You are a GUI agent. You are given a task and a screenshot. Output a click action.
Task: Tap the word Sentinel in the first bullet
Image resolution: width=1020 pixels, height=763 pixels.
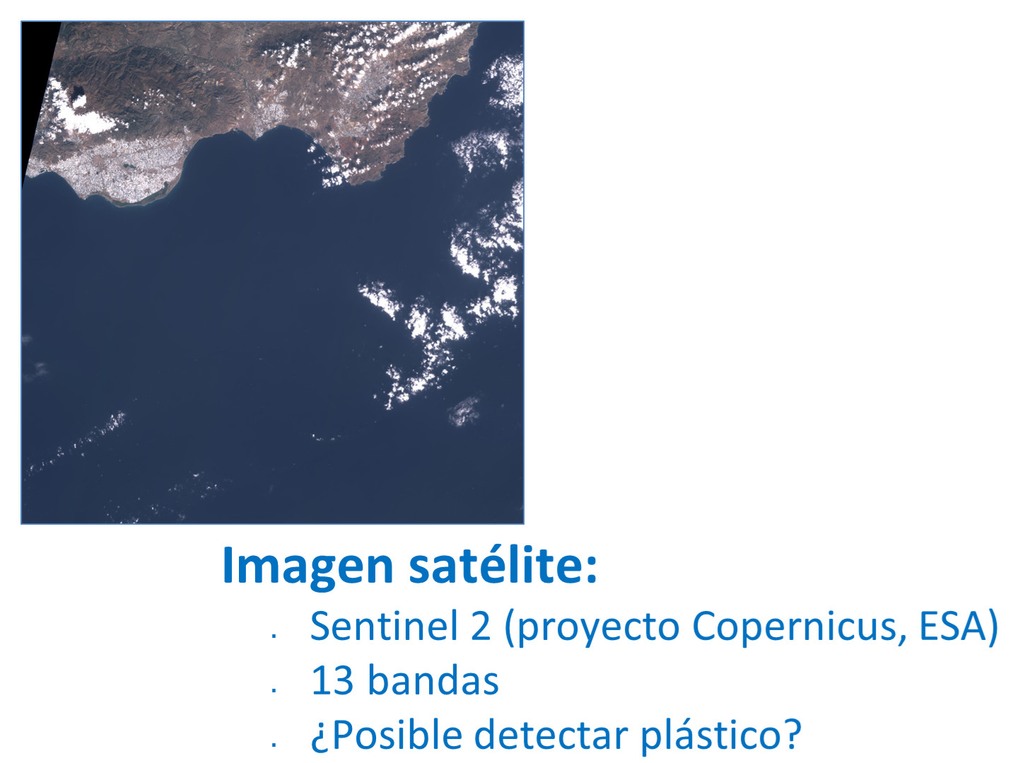tap(385, 626)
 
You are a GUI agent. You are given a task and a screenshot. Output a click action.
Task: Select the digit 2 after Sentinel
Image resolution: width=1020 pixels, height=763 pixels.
tap(480, 627)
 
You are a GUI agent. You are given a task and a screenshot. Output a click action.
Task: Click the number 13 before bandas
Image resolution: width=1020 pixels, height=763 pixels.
tap(332, 681)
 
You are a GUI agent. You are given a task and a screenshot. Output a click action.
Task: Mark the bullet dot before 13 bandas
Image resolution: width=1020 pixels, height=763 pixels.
tap(274, 690)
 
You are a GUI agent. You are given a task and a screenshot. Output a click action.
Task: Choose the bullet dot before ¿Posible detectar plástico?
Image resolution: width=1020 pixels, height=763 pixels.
tap(274, 745)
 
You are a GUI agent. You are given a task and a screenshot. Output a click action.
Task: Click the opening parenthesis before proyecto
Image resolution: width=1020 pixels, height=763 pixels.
tap(510, 628)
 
